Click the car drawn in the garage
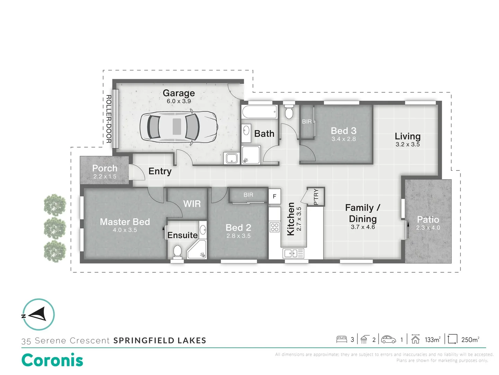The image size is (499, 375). (178, 127)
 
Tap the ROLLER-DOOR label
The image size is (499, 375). (108, 119)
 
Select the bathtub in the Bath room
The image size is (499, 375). (260, 112)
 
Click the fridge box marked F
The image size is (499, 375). (274, 197)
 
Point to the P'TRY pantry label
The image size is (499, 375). (316, 197)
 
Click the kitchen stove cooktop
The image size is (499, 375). (274, 227)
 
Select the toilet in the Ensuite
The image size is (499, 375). (177, 251)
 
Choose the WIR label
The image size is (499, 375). (192, 204)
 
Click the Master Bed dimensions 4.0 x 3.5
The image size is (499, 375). (125, 230)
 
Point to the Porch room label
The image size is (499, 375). (105, 168)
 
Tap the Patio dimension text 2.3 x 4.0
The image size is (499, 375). (428, 228)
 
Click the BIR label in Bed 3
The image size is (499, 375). (307, 122)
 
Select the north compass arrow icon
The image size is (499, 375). (38, 315)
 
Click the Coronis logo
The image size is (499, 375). (52, 360)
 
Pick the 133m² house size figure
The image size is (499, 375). (432, 340)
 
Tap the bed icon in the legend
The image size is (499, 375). (342, 339)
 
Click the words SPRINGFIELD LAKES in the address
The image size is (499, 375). (160, 341)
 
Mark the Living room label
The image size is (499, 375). (408, 136)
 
